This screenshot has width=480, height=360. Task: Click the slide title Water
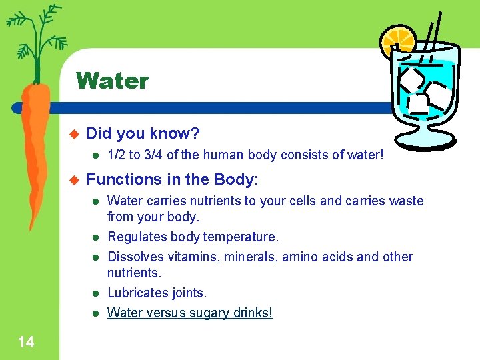point(112,81)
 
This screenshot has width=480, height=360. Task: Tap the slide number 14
point(26,343)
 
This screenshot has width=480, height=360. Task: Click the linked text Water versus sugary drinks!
point(190,313)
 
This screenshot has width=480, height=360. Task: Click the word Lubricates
point(137,293)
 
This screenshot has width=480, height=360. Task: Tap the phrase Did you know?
point(143,133)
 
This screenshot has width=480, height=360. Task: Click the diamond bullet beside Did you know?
point(74,133)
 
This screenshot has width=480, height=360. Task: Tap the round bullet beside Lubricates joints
point(95,293)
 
